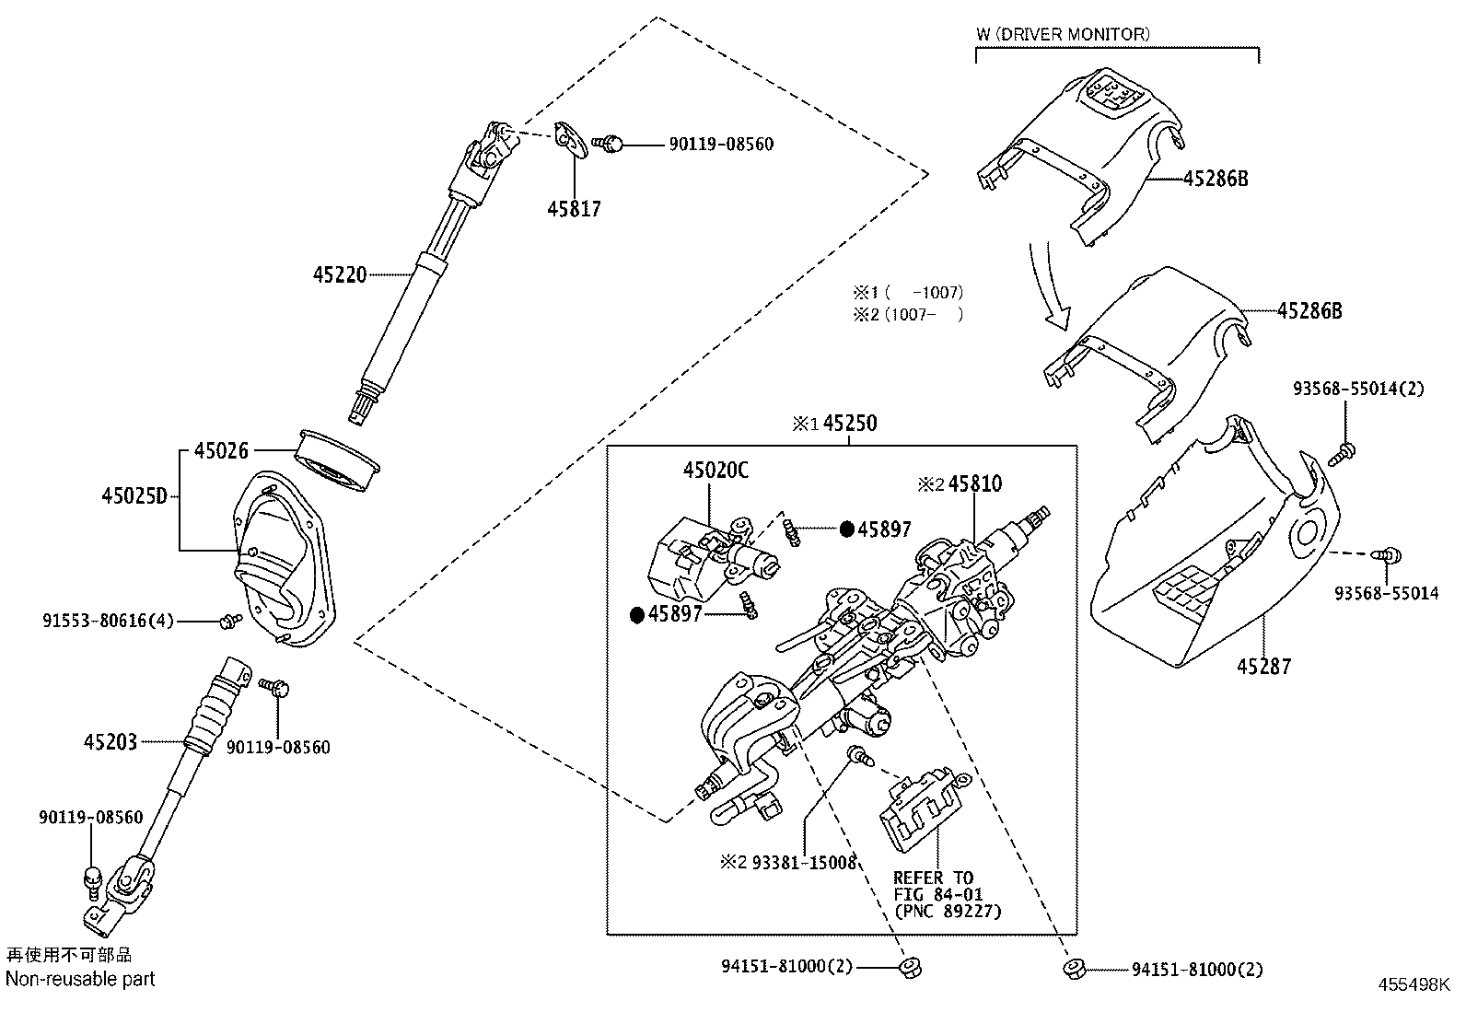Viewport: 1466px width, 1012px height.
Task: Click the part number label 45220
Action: [x=340, y=274]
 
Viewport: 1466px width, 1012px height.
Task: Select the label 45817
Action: [x=574, y=209]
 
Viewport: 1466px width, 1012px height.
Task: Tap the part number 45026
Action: [x=221, y=451]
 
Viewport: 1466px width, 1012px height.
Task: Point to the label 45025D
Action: [x=134, y=497]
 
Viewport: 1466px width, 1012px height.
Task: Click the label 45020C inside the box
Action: [x=716, y=471]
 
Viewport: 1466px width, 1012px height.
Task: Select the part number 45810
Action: [x=974, y=483]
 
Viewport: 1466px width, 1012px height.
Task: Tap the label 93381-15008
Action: [x=804, y=863]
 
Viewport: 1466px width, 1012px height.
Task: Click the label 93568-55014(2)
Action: [x=1358, y=389]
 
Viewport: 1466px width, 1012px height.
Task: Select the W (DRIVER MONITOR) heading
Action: [x=1063, y=35]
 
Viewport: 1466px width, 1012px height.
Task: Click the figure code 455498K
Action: [x=1414, y=984]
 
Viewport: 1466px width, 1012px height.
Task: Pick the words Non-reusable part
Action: [x=81, y=979]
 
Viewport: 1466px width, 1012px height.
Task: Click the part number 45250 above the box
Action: [x=849, y=424]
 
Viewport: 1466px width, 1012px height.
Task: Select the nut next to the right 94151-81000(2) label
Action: [x=1073, y=968]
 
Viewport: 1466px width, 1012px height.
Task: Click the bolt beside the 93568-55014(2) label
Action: [x=1344, y=452]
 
